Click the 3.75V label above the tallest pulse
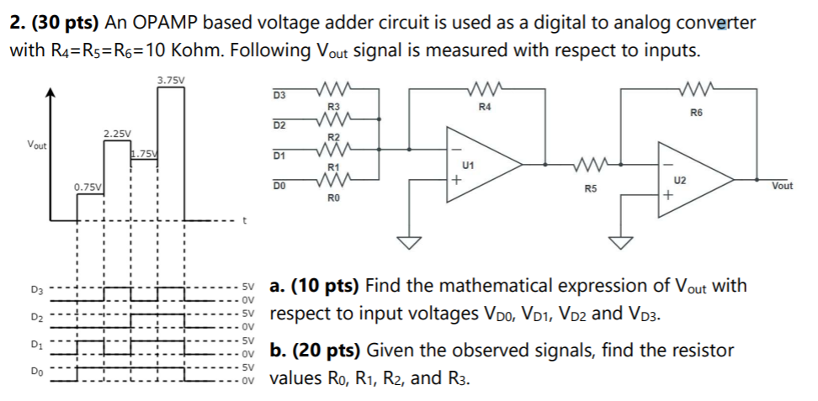[x=171, y=80]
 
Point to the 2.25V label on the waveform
[x=117, y=134]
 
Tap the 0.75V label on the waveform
[x=88, y=187]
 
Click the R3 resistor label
[x=332, y=107]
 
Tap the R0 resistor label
[x=332, y=198]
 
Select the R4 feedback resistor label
[x=484, y=107]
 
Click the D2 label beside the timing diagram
[x=37, y=318]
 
